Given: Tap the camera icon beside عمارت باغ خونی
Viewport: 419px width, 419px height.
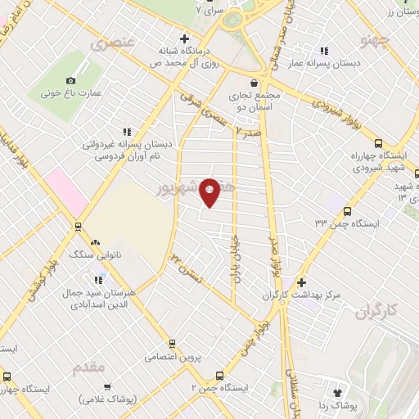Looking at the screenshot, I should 71,80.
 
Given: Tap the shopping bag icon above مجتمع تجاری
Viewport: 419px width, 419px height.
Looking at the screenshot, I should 255,83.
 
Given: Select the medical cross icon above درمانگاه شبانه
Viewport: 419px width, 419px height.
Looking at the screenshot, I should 185,38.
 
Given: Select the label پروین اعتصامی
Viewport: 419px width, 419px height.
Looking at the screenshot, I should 173,357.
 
